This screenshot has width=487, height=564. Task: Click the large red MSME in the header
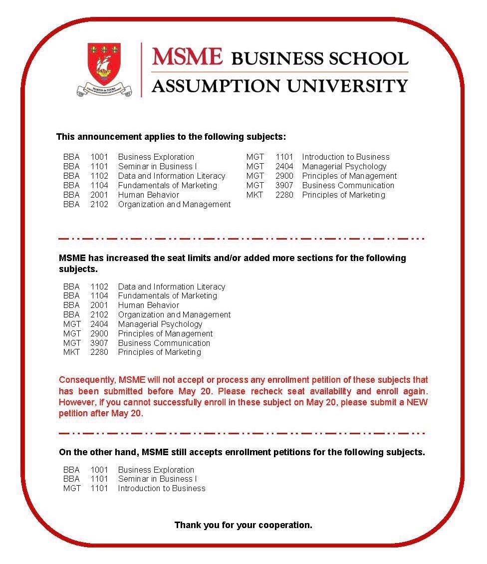click(x=187, y=56)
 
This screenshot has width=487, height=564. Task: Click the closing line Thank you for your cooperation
click(x=243, y=525)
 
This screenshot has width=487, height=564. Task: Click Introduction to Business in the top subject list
click(x=345, y=157)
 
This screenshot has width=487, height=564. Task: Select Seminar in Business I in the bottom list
click(x=157, y=479)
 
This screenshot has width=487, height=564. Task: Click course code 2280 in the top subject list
click(x=284, y=195)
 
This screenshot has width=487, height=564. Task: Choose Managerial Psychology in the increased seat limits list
click(x=160, y=324)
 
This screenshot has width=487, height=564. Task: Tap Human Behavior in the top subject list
click(x=148, y=195)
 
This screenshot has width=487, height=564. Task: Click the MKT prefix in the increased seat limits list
click(x=71, y=352)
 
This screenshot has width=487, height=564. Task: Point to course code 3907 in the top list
click(x=284, y=185)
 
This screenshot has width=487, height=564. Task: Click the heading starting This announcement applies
click(x=171, y=137)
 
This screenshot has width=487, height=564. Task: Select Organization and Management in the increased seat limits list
click(x=174, y=314)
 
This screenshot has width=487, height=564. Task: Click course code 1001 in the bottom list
click(x=99, y=470)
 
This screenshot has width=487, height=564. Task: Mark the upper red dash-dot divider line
click(x=242, y=239)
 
